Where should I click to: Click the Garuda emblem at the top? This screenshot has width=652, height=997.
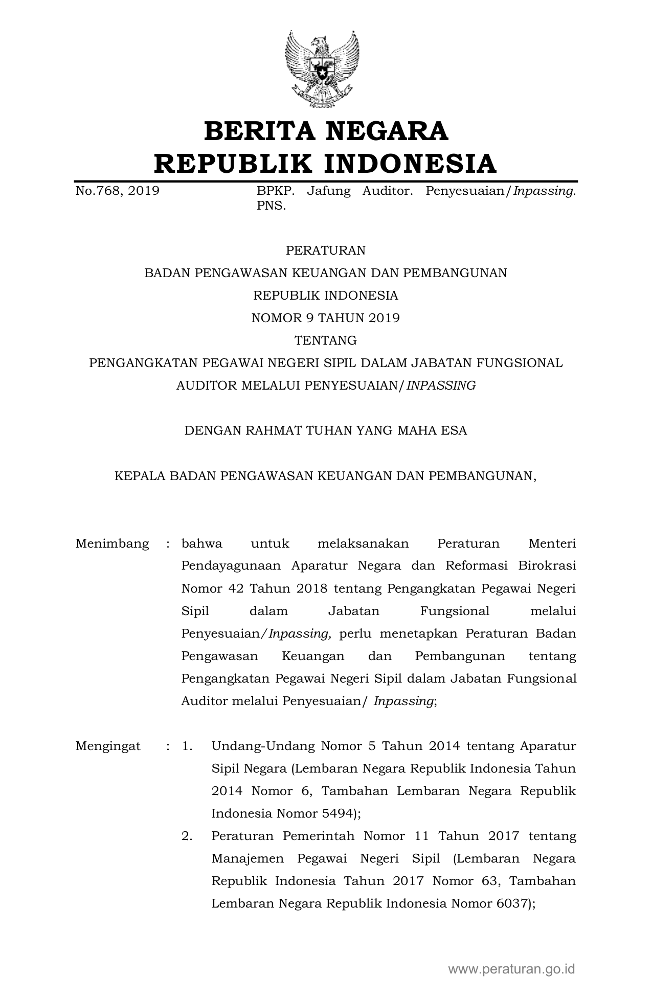coord(322,69)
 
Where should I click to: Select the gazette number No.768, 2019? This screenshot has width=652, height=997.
coord(117,191)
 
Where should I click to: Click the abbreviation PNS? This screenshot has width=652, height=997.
coord(271,207)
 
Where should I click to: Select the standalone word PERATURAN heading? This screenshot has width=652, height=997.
coord(326,251)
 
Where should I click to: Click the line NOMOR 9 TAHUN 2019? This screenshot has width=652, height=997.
coord(326,318)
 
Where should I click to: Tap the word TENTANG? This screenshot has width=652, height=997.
coord(326,341)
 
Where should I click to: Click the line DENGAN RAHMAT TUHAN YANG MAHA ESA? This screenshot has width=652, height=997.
coord(326,430)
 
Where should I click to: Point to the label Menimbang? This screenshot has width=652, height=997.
coord(112,543)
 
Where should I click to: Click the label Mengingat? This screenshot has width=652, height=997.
coord(108,746)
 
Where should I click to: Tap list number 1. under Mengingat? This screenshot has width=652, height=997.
coord(187,746)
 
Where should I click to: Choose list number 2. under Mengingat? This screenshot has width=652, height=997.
coord(187,836)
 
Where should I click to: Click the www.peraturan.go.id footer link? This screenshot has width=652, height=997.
coord(512,969)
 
